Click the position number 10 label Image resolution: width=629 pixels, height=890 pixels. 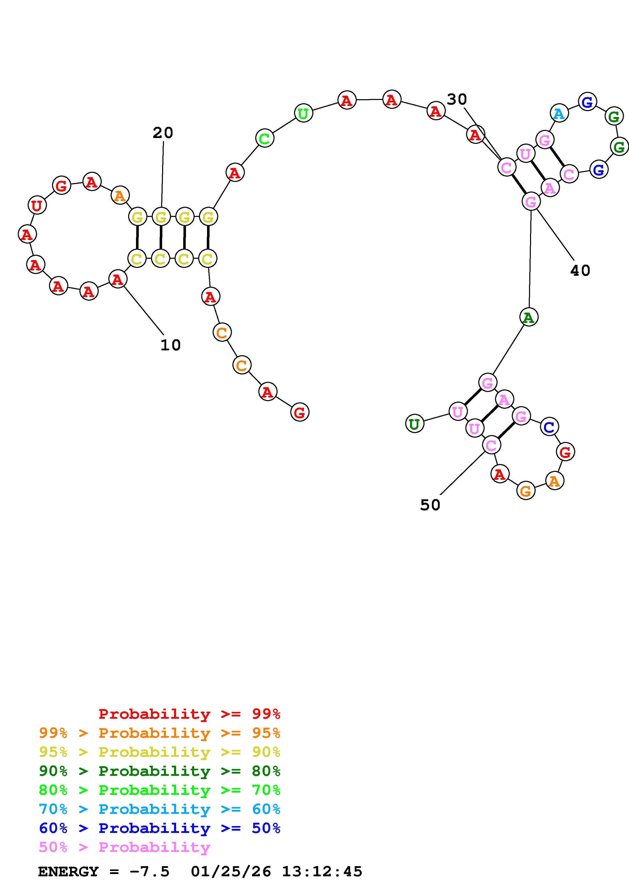tap(171, 345)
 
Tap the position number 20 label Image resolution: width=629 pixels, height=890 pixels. tap(163, 133)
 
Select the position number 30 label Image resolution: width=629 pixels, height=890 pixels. tap(457, 100)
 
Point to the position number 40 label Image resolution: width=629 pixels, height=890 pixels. tap(580, 270)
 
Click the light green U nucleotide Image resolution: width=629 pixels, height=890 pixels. tap(303, 113)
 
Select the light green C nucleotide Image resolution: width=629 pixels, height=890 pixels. tap(265, 138)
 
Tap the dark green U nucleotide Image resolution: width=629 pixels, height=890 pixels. tap(415, 424)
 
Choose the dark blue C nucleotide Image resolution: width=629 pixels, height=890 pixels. tap(549, 427)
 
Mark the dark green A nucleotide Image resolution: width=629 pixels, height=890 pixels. tap(529, 317)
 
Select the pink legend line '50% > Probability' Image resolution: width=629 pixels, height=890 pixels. tap(124, 847)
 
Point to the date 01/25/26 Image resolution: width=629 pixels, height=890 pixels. tap(231, 872)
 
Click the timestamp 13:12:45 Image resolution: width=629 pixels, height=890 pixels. tap(322, 872)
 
